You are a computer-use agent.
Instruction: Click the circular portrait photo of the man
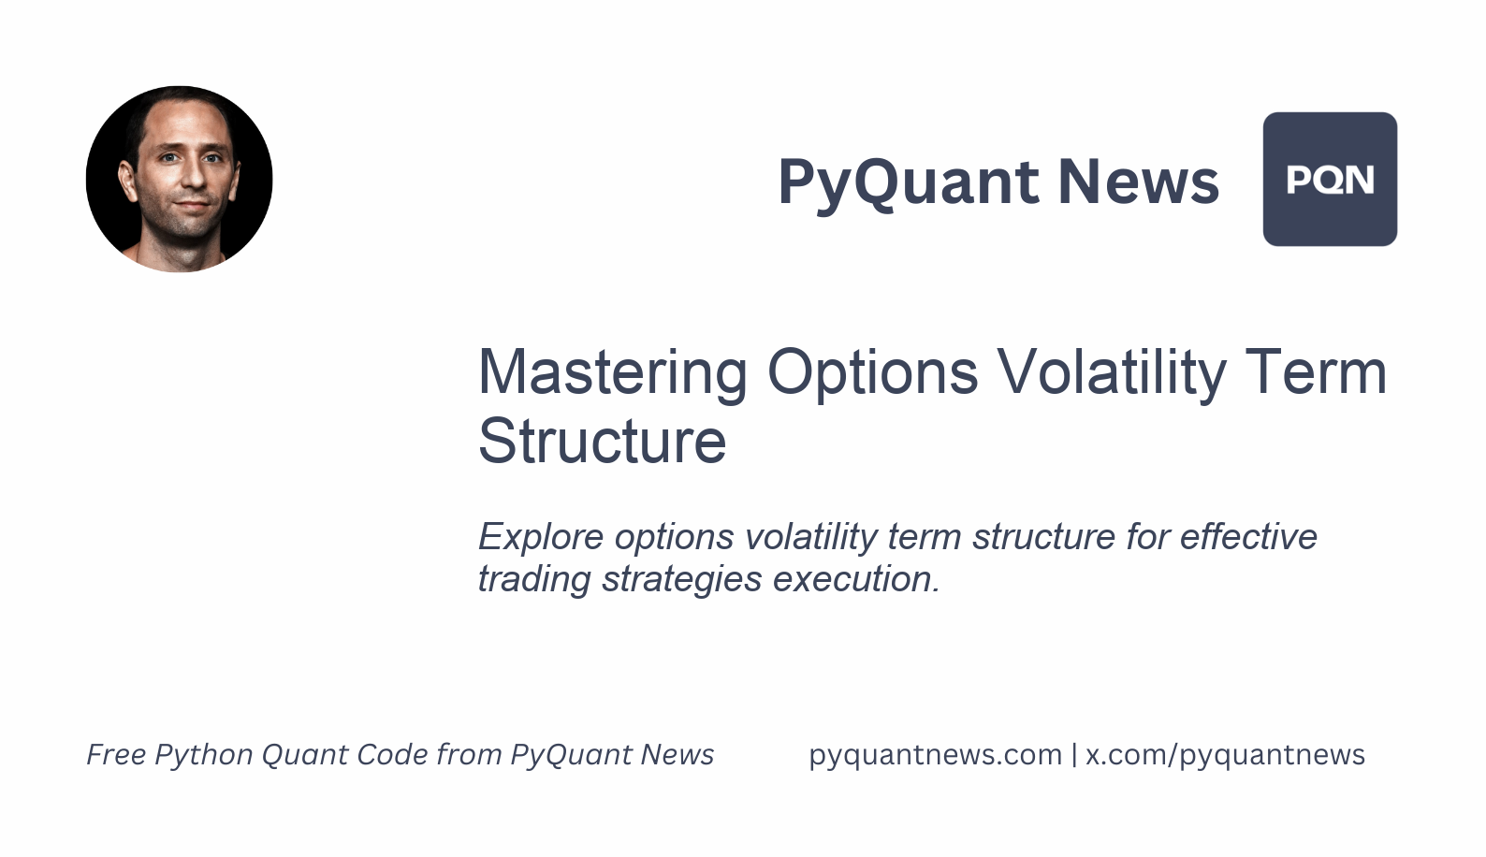point(179,179)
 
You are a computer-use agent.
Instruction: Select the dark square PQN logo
point(1330,179)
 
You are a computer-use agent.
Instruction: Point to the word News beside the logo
point(1138,182)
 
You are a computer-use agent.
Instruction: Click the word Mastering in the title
point(612,372)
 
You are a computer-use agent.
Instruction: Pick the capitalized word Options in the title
point(872,372)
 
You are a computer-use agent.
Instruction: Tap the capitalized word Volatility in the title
point(1111,372)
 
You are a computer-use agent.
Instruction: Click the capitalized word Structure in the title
point(602,441)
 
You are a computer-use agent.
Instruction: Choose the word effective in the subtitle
point(1248,537)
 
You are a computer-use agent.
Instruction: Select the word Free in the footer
point(116,754)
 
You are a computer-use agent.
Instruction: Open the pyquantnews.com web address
point(935,755)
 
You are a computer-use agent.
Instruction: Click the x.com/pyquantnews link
point(1225,755)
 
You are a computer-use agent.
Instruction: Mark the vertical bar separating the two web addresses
point(1073,754)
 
